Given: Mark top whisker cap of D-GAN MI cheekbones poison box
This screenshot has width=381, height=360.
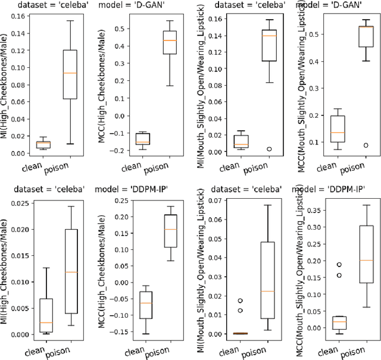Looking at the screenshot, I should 70,21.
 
